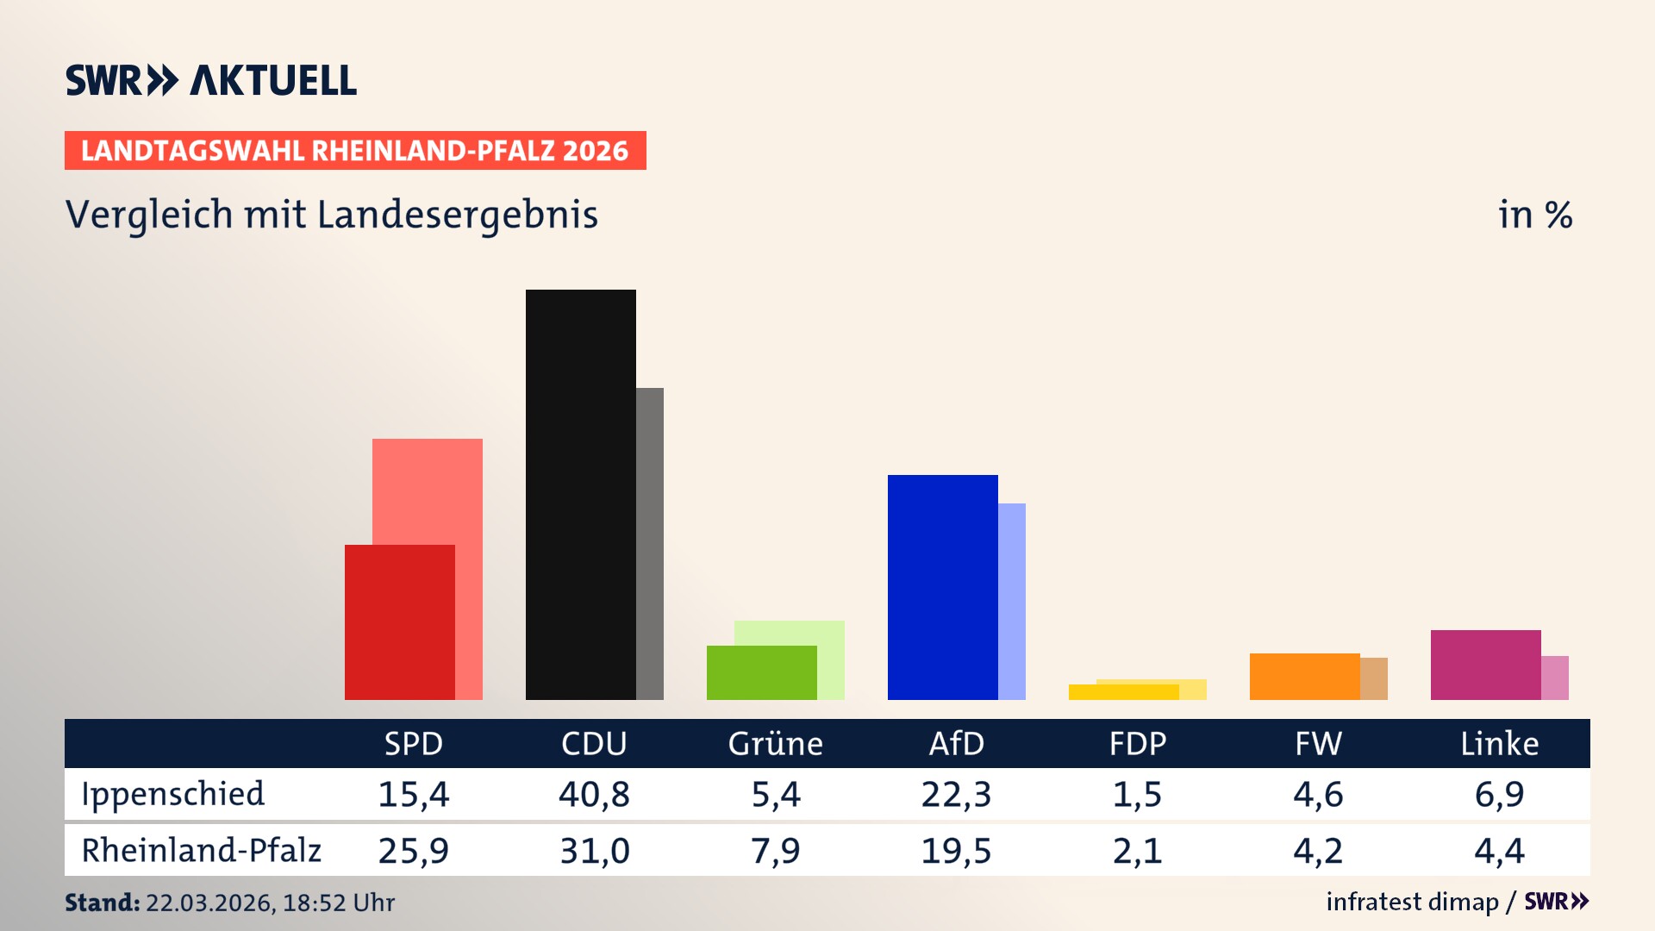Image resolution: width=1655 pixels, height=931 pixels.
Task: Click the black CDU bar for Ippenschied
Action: point(580,494)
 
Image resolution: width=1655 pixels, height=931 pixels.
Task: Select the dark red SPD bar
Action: point(399,622)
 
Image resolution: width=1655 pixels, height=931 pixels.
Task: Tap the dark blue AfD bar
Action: point(942,586)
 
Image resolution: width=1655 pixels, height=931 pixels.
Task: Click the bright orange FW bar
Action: point(1304,677)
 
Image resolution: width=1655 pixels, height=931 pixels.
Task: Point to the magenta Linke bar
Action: point(1485,665)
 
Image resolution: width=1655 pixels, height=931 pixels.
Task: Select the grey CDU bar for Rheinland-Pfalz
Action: point(650,543)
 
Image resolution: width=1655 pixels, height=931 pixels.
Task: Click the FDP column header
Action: point(1137,743)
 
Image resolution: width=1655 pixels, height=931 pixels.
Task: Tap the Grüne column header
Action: point(775,743)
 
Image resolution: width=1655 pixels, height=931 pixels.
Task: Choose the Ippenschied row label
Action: point(172,794)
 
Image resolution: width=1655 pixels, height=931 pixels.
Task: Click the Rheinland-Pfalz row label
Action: point(201,850)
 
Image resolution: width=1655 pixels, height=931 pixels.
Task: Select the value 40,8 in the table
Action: point(594,794)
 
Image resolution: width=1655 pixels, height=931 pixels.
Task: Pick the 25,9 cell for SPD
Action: point(413,850)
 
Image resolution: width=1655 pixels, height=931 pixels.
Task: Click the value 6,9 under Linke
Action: point(1499,794)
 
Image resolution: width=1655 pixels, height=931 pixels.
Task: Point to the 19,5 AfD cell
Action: point(956,850)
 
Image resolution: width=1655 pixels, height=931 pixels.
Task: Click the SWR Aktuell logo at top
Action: point(210,80)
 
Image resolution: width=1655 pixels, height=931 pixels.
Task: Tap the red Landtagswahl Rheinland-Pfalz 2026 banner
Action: point(354,151)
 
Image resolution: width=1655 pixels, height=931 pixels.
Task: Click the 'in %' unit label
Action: point(1534,215)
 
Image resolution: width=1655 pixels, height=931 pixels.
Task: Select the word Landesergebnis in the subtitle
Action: point(457,215)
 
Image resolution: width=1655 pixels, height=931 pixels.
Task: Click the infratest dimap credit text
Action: point(1412,902)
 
